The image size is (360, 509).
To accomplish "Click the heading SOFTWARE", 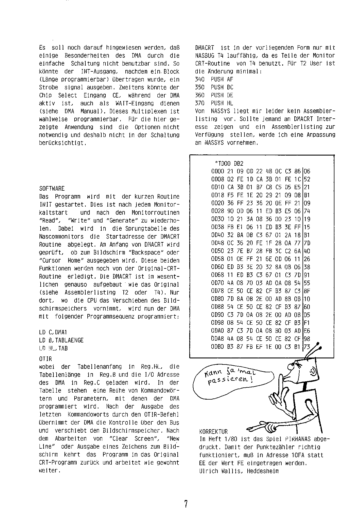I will pos(52,189).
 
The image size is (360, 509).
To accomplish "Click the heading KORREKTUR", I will pos(213,432).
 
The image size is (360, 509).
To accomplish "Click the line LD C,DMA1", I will pos(53,332).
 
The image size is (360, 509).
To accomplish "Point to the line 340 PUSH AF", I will pos(214,79).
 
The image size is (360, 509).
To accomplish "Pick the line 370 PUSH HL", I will pos(214,103).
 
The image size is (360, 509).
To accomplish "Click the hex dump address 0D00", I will pos(217,172).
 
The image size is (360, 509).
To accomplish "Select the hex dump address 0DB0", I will pos(217,346).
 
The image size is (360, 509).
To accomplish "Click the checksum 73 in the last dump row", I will pos(307,346).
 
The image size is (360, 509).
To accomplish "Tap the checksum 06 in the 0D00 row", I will pos(307,172).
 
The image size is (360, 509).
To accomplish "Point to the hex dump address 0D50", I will pos(217,251).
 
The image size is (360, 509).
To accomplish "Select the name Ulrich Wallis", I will pos(220,471).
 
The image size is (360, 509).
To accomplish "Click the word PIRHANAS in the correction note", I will pos(298,439).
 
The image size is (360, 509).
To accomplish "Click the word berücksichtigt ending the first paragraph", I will pos(62,143).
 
